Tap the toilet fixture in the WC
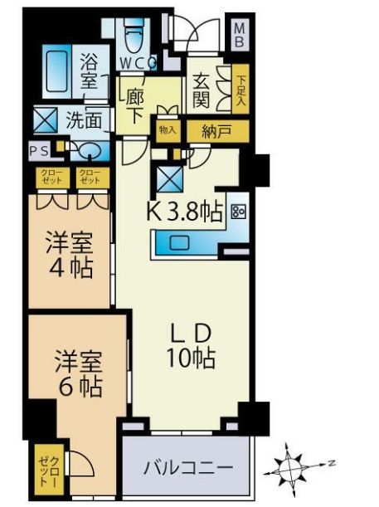[x=134, y=37]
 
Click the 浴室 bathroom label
[x=90, y=72]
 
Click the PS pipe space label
[x=38, y=151]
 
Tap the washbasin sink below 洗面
[x=90, y=151]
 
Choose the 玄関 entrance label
[x=202, y=90]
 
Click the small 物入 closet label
[x=168, y=130]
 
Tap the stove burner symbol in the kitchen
[x=239, y=212]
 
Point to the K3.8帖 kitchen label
[x=185, y=212]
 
